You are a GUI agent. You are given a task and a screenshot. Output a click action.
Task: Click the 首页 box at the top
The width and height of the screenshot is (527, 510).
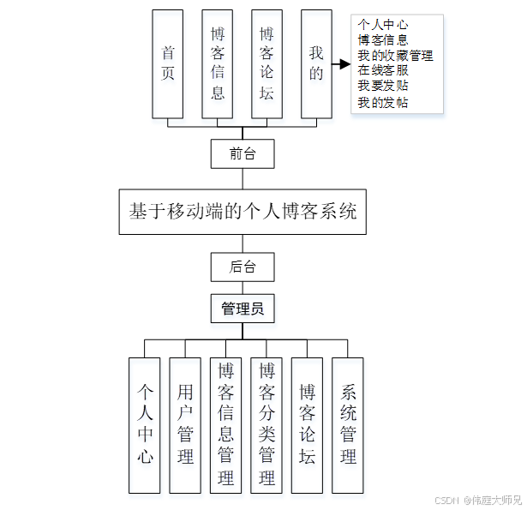pos(168,64)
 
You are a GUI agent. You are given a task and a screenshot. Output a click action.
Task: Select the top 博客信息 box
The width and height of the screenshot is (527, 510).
pos(218,64)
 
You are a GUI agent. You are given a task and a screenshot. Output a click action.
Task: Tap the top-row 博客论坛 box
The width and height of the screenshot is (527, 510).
pos(266,64)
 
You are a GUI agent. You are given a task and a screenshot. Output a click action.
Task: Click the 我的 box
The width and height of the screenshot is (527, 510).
pos(316,64)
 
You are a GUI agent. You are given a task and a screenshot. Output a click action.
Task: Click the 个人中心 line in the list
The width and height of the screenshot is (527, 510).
pos(382,25)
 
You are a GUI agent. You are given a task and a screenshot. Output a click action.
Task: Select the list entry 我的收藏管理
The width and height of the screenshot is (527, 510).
pos(395,56)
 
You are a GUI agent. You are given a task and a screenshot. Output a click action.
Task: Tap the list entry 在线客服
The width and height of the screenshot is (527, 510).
pos(383,71)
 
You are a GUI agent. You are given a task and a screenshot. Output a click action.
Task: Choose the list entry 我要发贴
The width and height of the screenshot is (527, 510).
pos(383,87)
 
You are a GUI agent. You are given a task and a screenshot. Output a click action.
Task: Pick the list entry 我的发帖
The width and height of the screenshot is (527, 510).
pos(383,103)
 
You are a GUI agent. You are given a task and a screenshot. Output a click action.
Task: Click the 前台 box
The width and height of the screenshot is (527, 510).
pos(243,154)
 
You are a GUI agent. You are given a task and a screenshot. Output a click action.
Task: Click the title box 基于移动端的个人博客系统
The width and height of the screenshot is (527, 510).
pos(243,211)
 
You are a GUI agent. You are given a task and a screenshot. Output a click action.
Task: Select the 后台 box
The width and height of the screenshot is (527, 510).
pos(243,267)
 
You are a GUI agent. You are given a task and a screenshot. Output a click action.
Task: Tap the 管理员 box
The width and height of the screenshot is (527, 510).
pos(243,309)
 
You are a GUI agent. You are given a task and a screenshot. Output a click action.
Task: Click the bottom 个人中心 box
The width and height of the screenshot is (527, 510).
pos(145,425)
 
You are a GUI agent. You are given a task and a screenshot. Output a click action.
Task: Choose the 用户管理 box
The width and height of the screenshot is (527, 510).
pos(185,425)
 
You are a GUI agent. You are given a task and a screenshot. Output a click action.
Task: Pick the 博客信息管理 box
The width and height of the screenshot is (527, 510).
pos(226,425)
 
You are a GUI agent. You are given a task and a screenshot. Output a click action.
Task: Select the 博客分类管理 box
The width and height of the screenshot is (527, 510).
pos(266,425)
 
